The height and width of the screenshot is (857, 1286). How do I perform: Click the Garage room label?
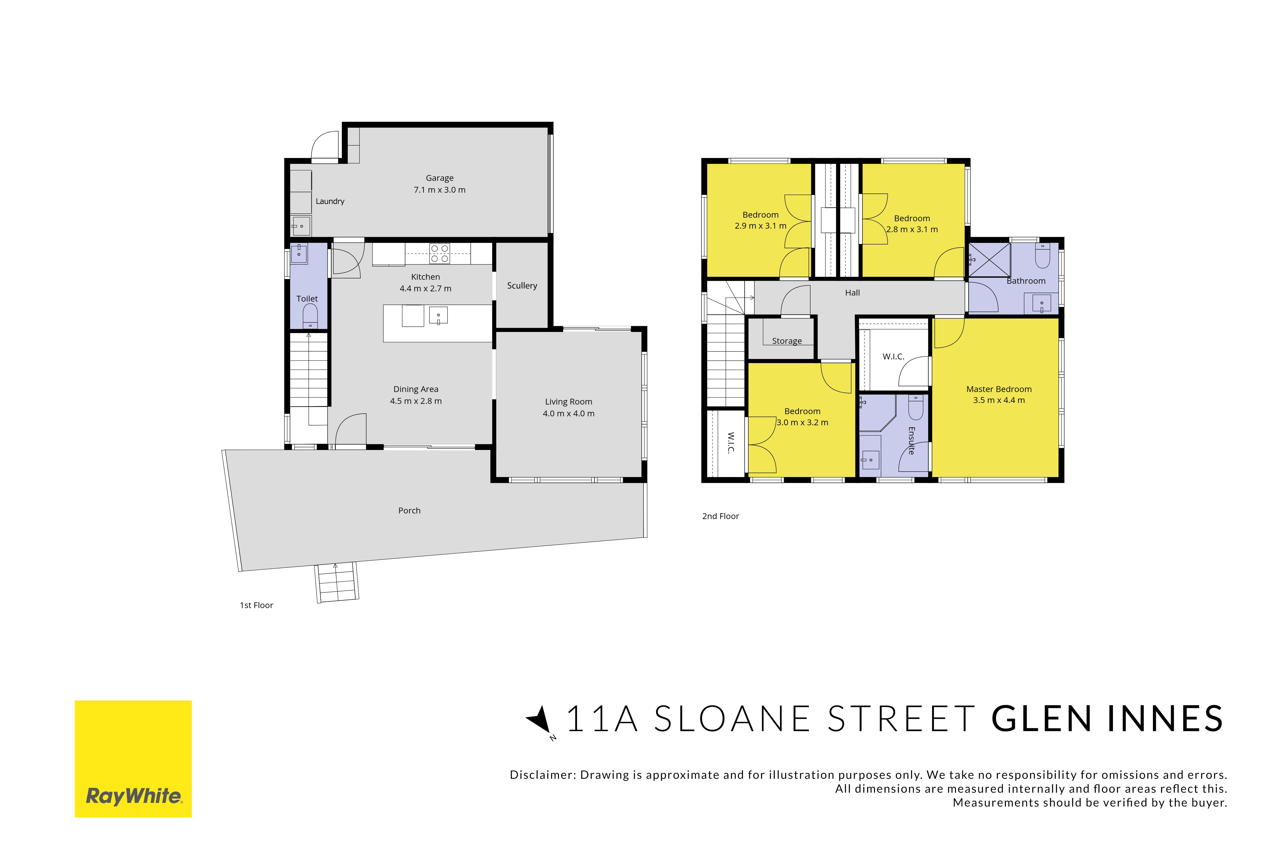[x=440, y=178]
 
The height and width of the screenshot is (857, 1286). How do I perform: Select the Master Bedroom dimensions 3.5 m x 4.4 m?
[x=999, y=400]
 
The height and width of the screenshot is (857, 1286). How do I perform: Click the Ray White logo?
[x=133, y=759]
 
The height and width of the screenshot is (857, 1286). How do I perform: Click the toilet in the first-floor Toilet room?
[x=310, y=316]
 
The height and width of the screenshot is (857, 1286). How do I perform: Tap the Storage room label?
[x=787, y=341]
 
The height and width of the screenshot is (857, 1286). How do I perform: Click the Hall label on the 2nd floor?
[x=852, y=293]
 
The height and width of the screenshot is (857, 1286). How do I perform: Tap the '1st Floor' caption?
[x=256, y=605]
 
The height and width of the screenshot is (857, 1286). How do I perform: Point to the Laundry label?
[x=330, y=201]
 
